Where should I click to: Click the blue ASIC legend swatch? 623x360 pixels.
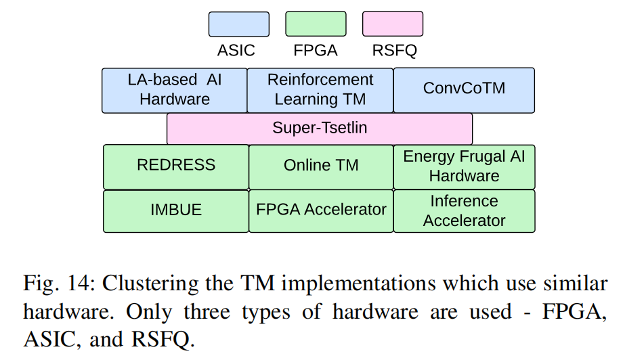pyautogui.click(x=238, y=24)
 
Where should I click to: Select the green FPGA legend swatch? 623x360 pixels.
pyautogui.click(x=316, y=24)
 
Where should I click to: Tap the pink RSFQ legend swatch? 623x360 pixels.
pyautogui.click(x=393, y=24)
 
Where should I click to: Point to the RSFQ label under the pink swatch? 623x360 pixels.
pyautogui.click(x=393, y=50)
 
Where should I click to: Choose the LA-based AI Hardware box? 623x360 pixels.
pyautogui.click(x=175, y=90)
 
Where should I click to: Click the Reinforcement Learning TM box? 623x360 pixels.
pyautogui.click(x=320, y=90)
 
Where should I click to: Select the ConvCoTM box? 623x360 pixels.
pyautogui.click(x=464, y=89)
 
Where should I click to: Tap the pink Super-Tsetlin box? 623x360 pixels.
pyautogui.click(x=320, y=128)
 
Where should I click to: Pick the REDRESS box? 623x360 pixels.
pyautogui.click(x=176, y=166)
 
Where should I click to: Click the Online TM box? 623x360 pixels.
pyautogui.click(x=321, y=166)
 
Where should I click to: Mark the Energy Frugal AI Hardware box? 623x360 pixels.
pyautogui.click(x=464, y=166)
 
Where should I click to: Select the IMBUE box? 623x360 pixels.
pyautogui.click(x=176, y=210)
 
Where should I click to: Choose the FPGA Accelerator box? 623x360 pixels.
pyautogui.click(x=321, y=210)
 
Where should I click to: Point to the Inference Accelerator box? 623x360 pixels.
pyautogui.click(x=464, y=210)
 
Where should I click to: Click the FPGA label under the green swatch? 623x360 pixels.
pyautogui.click(x=316, y=50)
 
